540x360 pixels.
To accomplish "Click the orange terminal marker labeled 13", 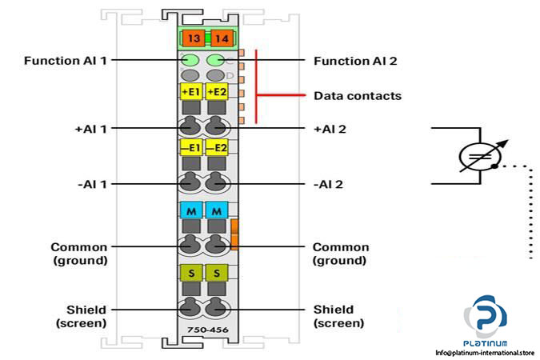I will [192, 38].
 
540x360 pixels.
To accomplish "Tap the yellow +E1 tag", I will [191, 92].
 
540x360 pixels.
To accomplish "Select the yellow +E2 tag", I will [217, 92].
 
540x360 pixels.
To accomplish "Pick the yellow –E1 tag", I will [191, 148].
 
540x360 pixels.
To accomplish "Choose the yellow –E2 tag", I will [217, 148].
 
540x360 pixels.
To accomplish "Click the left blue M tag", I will [191, 210].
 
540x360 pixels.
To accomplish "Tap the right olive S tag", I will [217, 274].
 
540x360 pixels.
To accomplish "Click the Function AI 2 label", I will [354, 61].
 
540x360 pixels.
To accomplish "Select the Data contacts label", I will [357, 96].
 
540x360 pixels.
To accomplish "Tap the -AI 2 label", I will [330, 184].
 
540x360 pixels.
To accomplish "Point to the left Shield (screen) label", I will [80, 316].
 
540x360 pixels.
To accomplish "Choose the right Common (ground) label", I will [341, 254].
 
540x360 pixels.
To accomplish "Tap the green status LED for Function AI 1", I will [190, 60].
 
